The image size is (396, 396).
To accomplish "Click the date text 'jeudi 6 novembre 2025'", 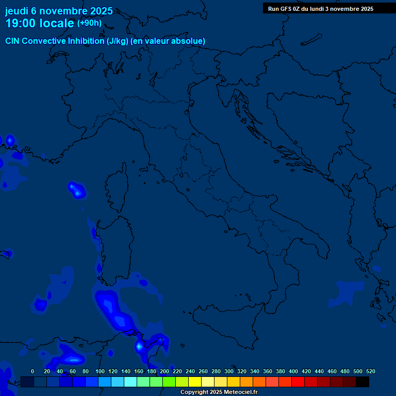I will [59, 11].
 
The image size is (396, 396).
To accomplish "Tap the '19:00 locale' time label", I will [39, 23].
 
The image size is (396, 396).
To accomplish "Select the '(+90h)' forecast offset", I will [89, 23].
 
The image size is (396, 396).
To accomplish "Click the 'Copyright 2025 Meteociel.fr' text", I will [219, 392].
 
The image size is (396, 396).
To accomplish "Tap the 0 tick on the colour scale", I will [32, 371].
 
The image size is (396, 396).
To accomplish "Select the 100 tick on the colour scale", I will [100, 371].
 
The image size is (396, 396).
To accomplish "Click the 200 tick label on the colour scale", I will [164, 371].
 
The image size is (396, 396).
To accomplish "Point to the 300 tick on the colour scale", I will [229, 371].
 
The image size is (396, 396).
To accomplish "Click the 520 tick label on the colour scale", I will [370, 371].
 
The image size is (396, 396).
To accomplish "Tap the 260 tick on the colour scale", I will [203, 371].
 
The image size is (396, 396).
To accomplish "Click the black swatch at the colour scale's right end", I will [362, 382].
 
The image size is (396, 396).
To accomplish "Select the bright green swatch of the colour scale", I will [169, 382].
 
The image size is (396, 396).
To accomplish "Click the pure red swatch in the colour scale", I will [298, 382].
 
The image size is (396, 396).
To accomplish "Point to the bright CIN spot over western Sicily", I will [139, 346].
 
